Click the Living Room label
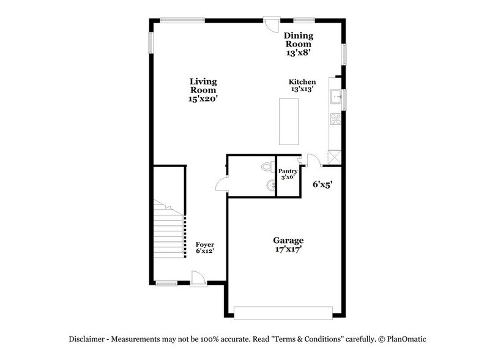pos(203,89)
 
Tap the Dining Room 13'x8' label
pos(298,44)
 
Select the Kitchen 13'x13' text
pos(302,85)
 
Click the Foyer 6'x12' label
pos(204,247)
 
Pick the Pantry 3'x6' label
pos(288,173)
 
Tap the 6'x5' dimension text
pos(322,184)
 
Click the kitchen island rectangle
pos(289,121)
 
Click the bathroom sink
pos(269,186)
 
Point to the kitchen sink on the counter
pos(335,96)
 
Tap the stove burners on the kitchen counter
pos(335,119)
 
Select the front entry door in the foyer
pos(198,279)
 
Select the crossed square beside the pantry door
pos(334,157)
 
